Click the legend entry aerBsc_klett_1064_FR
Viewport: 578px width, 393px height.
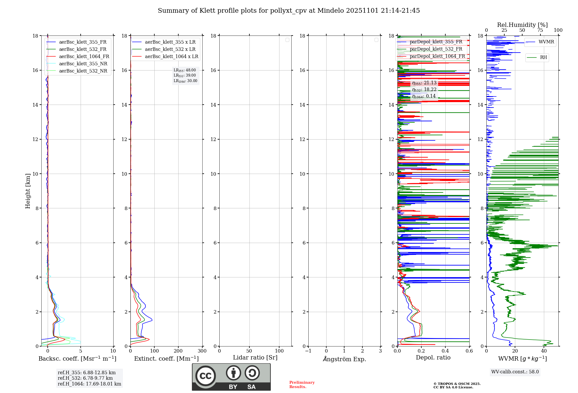pos(84,57)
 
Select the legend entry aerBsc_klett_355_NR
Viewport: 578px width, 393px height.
pos(83,64)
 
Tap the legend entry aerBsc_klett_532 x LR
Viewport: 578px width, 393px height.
pos(170,49)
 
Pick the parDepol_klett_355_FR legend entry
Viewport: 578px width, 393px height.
pos(436,42)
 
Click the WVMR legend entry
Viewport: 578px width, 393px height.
pos(546,42)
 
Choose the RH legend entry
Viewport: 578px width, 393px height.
pos(543,58)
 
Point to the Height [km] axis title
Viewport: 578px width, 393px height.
pos(28,191)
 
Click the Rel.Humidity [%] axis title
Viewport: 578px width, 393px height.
pos(522,25)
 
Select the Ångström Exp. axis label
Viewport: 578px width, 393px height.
pos(344,359)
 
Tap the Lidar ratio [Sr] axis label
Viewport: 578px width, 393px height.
pos(255,358)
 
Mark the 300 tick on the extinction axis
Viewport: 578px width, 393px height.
pos(202,351)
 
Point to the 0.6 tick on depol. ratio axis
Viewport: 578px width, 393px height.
pos(469,351)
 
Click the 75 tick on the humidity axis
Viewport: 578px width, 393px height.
pos(540,30)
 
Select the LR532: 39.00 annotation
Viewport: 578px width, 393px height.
pos(185,75)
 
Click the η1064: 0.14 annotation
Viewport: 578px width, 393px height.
pos(424,96)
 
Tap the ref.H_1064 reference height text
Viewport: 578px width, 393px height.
pos(89,384)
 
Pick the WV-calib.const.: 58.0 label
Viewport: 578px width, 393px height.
pos(515,372)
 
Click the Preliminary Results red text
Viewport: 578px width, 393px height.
pos(302,385)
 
